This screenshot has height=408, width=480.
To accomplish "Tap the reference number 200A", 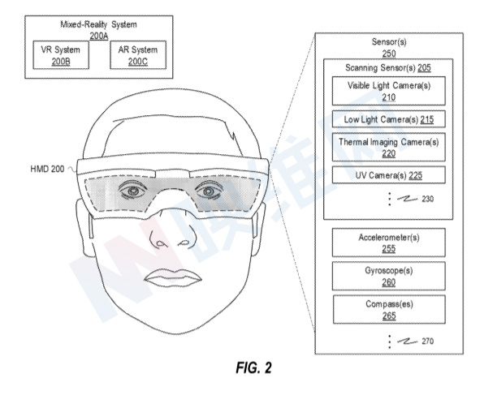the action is (x=99, y=36).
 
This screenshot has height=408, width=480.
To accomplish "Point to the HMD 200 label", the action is (x=47, y=169).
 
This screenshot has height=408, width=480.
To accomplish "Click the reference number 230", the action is (x=428, y=199).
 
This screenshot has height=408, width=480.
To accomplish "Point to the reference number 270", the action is (x=428, y=341).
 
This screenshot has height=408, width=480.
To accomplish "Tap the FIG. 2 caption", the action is (x=253, y=367).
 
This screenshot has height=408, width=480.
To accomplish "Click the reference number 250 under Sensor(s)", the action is (x=389, y=54).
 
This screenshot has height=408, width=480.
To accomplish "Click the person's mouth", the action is (x=173, y=277).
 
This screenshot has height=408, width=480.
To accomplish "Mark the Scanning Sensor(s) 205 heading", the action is (x=388, y=67).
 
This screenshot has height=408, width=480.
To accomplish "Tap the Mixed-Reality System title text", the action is (x=98, y=24).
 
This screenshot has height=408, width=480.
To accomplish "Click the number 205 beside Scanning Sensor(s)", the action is (x=424, y=67).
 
